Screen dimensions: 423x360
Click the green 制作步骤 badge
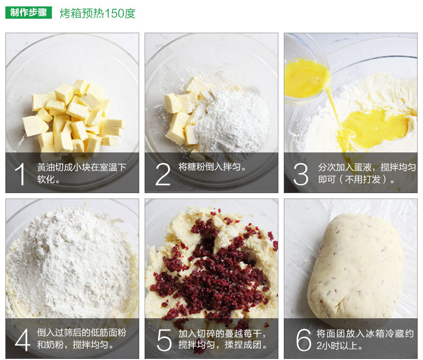point(28,13)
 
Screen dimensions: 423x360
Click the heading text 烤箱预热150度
point(97,13)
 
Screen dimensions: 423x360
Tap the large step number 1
point(20,174)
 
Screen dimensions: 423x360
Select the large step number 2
point(163,174)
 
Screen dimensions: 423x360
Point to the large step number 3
point(300,174)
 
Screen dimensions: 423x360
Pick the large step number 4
point(22,340)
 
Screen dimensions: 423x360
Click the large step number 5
point(164,340)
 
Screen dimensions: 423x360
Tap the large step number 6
point(304,340)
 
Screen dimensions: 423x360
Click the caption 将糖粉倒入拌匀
point(213,167)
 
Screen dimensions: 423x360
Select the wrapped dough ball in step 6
point(355,267)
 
